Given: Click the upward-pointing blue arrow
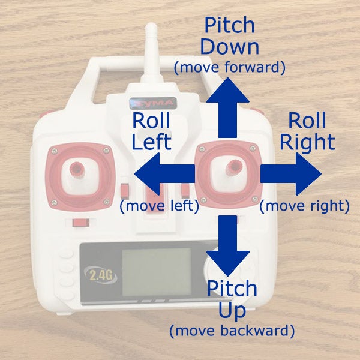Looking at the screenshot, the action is (227, 108).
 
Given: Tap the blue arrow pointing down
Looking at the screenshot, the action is (227, 245).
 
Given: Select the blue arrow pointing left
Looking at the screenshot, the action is (164, 174).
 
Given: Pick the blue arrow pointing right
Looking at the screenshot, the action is (290, 174).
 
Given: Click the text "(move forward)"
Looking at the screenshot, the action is (229, 67).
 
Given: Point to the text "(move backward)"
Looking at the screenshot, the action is (232, 331).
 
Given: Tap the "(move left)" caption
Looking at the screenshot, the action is (159, 205).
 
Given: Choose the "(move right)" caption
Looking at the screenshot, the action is (304, 205).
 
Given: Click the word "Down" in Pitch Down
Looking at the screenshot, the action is (230, 47).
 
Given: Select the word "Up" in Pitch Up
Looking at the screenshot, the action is (232, 311).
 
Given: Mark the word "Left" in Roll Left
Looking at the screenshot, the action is (151, 142).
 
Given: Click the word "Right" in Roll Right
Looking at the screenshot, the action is (307, 143).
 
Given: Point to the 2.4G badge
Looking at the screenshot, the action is (101, 275).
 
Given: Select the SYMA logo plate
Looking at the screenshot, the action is (153, 103).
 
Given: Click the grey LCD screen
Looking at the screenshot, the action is (157, 272).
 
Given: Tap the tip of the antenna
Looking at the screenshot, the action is (151, 24).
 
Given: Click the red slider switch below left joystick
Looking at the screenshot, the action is (80, 223).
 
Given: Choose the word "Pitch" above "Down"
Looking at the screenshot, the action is (230, 25).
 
